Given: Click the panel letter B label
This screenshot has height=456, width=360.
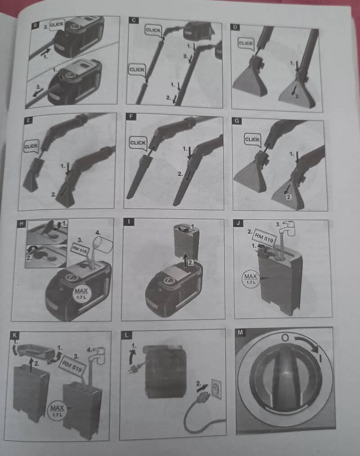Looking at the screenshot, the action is click(35, 25).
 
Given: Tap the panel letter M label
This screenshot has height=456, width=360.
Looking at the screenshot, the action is click(240, 332).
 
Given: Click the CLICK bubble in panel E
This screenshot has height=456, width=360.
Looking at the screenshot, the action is click(31, 146).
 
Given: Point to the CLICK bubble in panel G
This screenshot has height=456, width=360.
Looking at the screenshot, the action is click(252, 140).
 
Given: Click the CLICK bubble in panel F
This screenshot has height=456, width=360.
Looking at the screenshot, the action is click(138, 143).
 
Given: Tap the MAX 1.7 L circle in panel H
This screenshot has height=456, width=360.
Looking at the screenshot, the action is click(81, 293).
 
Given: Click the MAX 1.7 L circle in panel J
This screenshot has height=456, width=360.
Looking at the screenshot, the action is click(251, 279).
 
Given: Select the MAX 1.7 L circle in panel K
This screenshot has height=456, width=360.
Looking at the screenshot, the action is click(57, 410).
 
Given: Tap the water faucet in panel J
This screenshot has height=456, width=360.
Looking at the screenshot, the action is click(287, 228).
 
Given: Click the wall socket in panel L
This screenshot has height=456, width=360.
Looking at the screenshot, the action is click(216, 389).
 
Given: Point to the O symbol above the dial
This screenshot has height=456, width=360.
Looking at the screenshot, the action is click(286, 337).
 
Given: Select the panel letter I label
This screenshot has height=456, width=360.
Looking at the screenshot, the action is click(129, 221).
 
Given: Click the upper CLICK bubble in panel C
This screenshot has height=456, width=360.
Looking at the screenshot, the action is click(153, 31).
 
